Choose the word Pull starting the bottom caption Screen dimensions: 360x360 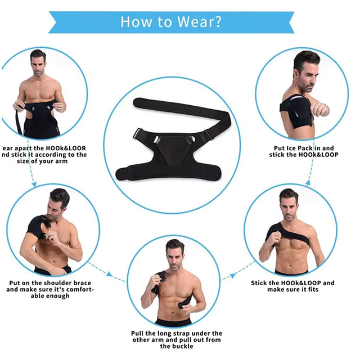pyautogui.click(x=140, y=333)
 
